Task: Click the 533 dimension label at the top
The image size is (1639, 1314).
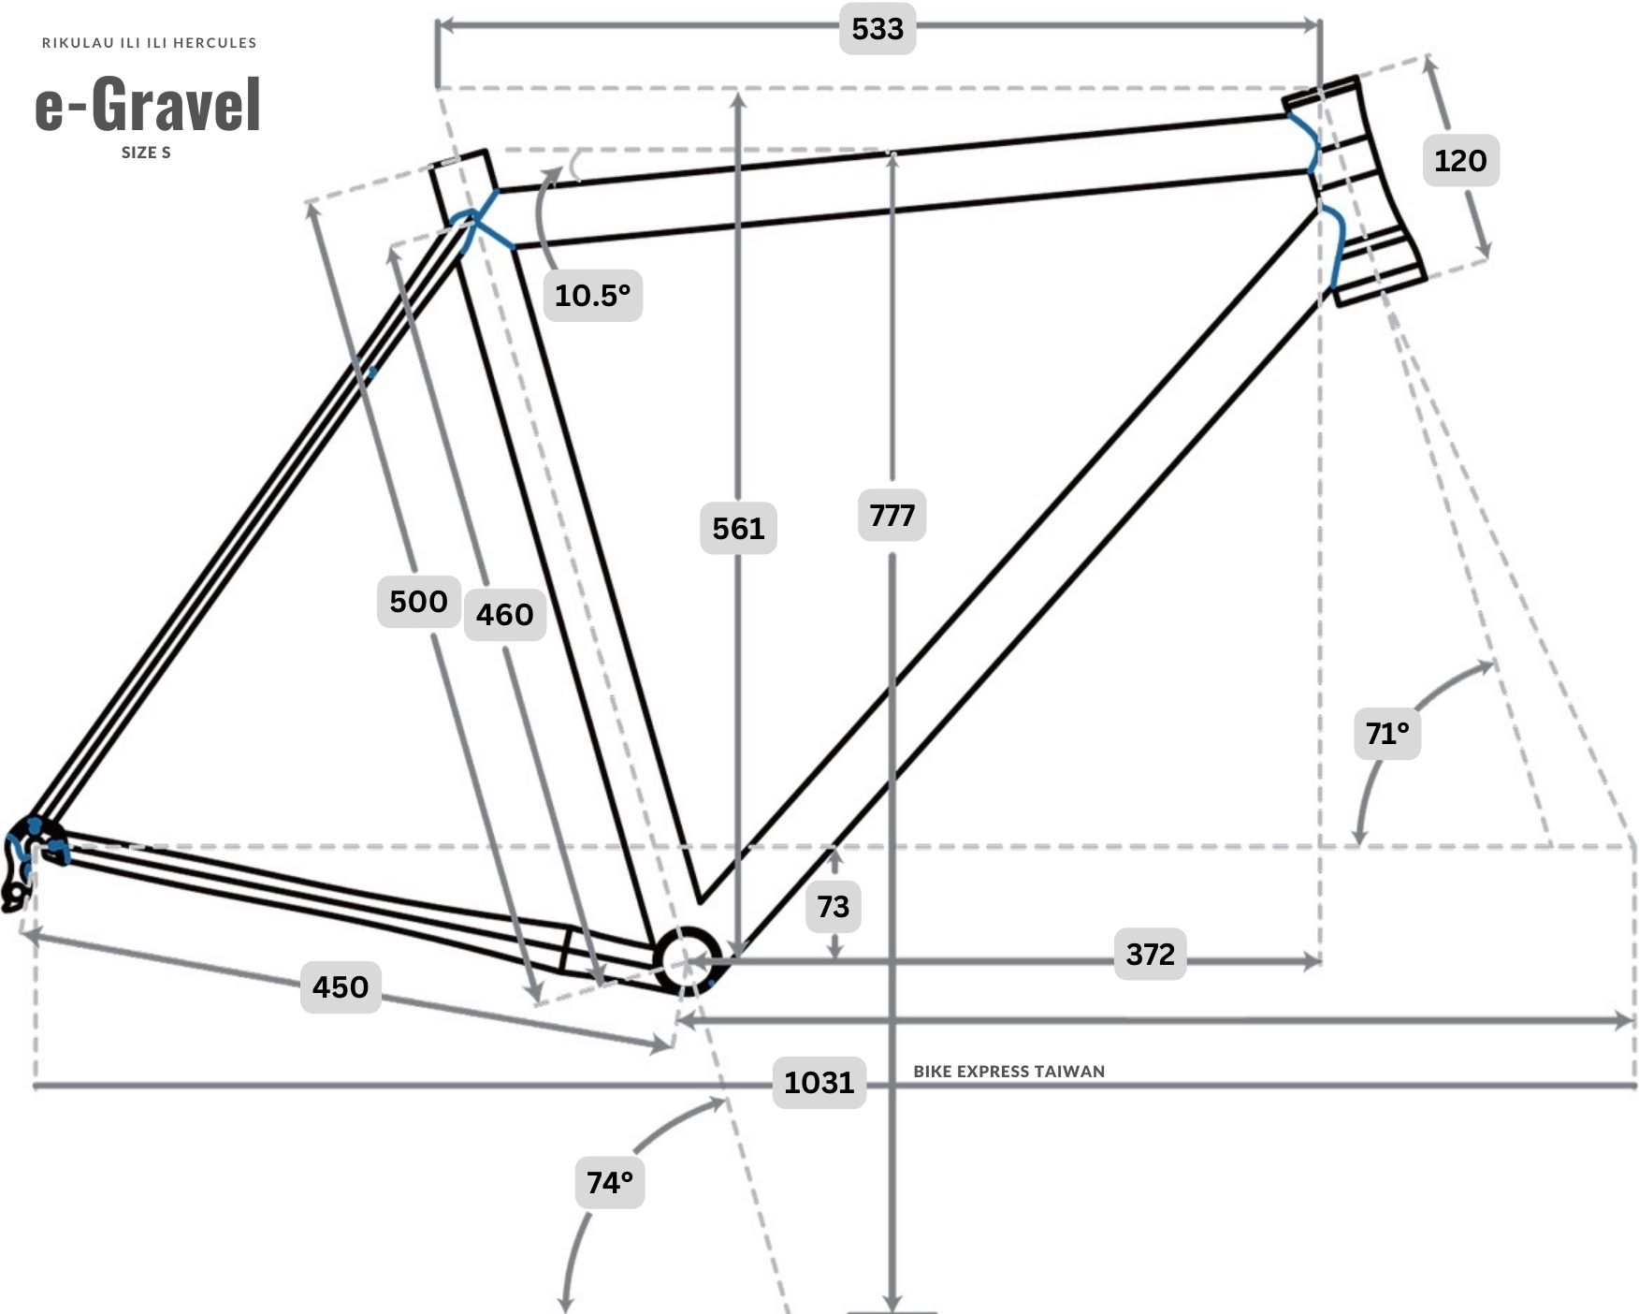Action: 878,29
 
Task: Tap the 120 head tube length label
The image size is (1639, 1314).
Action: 1460,160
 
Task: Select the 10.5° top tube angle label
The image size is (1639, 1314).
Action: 593,296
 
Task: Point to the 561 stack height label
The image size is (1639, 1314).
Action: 738,529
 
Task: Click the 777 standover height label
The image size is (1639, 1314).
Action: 892,515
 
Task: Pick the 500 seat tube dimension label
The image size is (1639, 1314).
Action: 418,601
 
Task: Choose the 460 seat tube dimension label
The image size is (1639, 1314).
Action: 505,615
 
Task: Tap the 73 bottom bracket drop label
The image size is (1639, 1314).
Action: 833,906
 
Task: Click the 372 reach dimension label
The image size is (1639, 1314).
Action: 1150,954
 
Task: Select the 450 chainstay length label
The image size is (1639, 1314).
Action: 341,986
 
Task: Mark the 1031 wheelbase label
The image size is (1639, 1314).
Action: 819,1082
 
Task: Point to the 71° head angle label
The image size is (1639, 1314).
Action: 1386,733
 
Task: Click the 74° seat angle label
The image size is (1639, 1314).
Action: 610,1183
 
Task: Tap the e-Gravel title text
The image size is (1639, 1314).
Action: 148,104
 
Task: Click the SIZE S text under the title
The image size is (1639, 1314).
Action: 146,153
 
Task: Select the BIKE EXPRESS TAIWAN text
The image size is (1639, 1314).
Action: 1009,1071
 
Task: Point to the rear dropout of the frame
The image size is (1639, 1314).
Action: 26,861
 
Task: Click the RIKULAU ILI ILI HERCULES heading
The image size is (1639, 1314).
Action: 150,42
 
